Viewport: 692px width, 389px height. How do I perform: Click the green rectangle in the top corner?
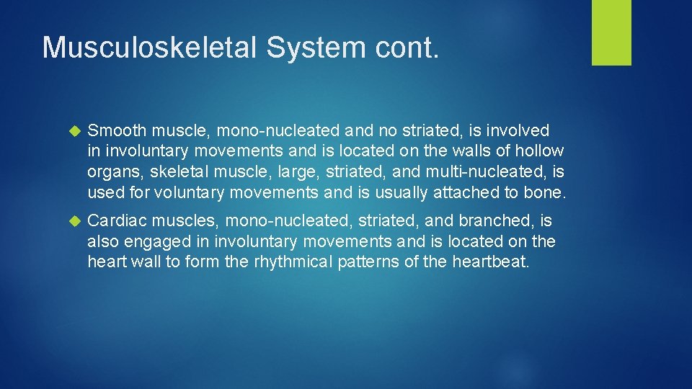(x=611, y=32)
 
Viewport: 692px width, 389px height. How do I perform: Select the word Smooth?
(x=117, y=130)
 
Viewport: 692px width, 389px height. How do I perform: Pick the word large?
(x=262, y=171)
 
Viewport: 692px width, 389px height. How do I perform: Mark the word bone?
(x=547, y=192)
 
